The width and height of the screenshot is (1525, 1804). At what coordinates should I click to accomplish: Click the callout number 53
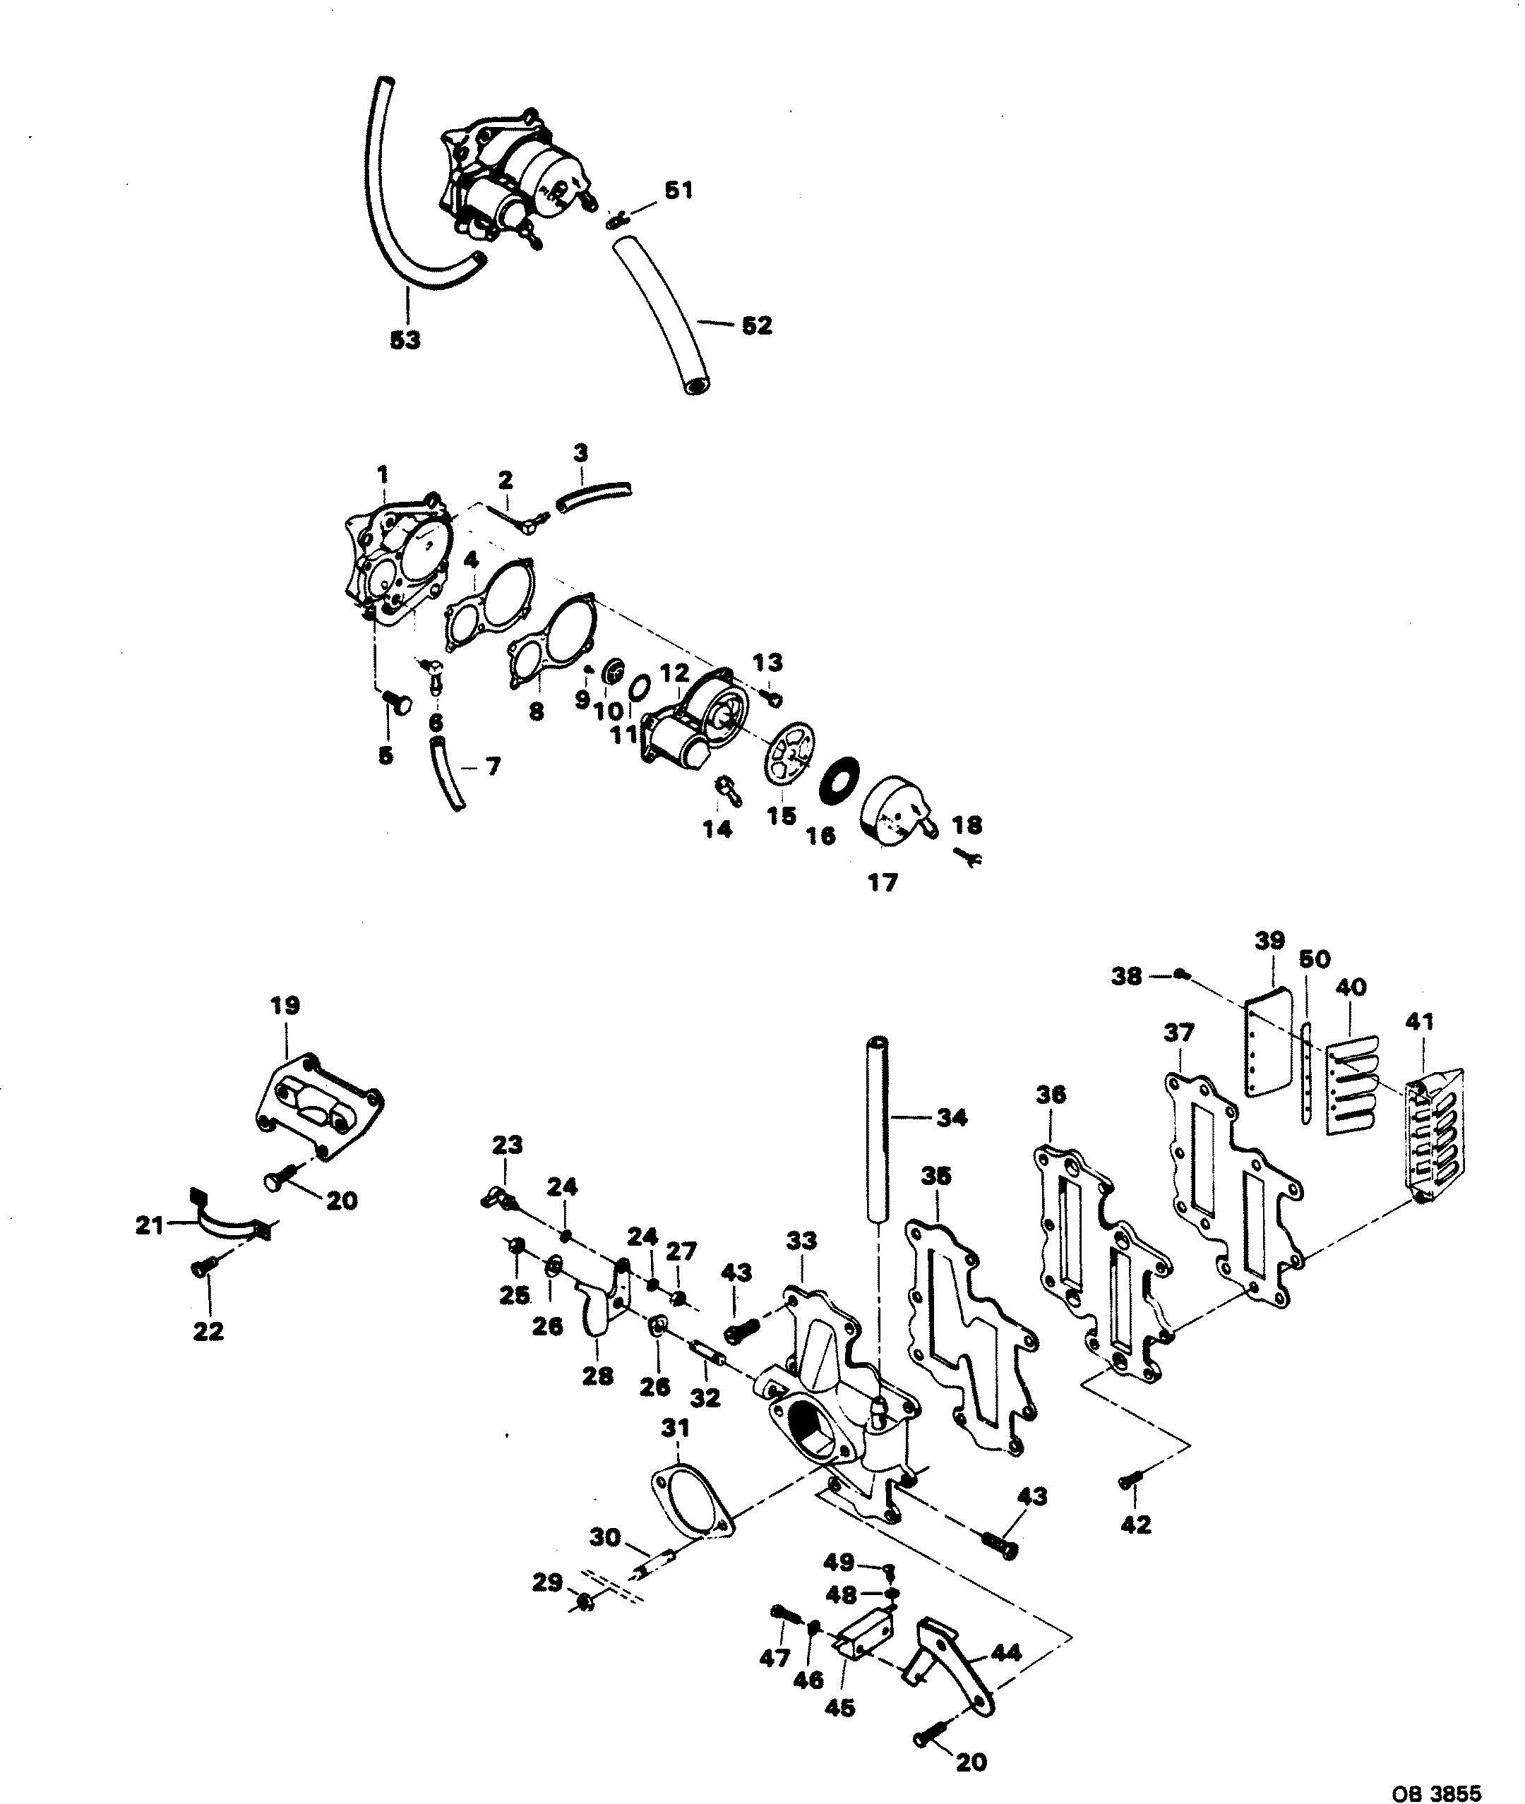point(405,341)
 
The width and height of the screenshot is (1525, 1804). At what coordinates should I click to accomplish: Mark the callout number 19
point(285,1006)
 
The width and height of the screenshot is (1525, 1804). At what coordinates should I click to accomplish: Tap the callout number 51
point(678,190)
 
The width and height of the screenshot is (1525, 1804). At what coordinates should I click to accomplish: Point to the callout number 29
point(547,1584)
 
